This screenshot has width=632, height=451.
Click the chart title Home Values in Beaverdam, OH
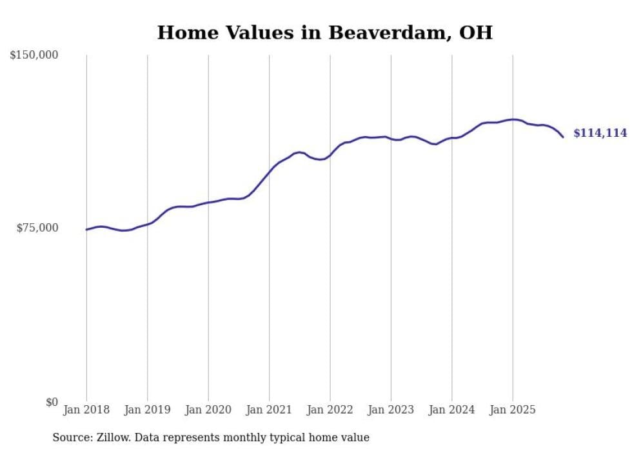coord(324,32)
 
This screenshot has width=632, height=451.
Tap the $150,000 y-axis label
coord(34,55)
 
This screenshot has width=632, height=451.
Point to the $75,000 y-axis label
coord(37,228)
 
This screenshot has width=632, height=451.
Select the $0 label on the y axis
coord(52,402)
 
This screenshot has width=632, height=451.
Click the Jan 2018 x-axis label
coord(86,410)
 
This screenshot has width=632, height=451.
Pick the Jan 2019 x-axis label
coord(148,410)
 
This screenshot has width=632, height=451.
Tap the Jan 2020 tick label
coord(208,410)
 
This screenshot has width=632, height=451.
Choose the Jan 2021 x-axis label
coord(269,410)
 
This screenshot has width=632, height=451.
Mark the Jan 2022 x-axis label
coord(330,410)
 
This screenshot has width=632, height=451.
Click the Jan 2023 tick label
coord(391,410)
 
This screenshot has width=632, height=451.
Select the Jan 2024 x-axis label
coord(451,410)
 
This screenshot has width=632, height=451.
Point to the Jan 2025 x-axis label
coord(513,410)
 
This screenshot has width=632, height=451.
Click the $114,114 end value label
coord(600,134)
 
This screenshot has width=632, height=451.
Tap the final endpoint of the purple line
coord(563,137)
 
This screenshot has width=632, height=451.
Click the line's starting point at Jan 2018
coord(86,230)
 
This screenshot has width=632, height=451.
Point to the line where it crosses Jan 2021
coord(269,170)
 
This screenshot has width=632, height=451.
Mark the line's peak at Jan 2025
coord(513,119)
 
